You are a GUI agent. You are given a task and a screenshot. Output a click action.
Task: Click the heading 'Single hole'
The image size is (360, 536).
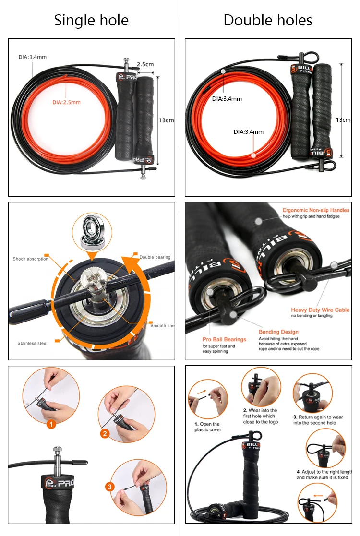click(x=91, y=20)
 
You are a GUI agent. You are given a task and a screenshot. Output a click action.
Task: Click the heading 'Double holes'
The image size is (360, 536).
click(x=268, y=20)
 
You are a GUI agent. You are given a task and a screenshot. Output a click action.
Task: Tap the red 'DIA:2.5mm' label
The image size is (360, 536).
click(x=66, y=102)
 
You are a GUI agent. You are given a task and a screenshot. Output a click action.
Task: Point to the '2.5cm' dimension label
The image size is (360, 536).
click(x=145, y=64)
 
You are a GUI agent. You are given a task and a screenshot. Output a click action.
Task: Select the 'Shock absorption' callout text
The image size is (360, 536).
click(x=31, y=259)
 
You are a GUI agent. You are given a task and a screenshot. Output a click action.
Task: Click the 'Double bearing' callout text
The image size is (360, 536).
click(x=155, y=258)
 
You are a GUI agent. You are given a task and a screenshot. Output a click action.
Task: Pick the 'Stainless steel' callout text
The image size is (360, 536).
click(x=33, y=343)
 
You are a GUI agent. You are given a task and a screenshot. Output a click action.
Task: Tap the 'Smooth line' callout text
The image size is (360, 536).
click(x=162, y=326)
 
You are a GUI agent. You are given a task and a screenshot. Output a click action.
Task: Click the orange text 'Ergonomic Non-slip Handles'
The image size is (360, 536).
click(x=316, y=210)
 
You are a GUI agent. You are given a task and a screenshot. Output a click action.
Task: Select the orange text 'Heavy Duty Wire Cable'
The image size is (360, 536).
click(x=320, y=310)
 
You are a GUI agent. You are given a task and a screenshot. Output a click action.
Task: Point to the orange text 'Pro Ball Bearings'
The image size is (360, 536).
click(x=224, y=339)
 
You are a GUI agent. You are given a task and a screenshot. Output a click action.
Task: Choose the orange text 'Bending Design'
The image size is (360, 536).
click(x=278, y=332)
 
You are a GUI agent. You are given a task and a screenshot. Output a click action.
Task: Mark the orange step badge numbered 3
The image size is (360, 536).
click(x=110, y=487)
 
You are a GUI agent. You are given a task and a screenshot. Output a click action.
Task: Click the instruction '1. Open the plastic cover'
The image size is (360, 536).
click(x=207, y=427)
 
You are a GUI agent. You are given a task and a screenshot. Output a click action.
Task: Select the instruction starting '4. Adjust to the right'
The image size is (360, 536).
click(x=324, y=475)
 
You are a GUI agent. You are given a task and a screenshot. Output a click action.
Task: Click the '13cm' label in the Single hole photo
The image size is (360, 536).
click(x=166, y=120)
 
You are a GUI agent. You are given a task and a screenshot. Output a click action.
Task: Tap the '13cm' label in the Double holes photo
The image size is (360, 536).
click(x=343, y=119)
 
